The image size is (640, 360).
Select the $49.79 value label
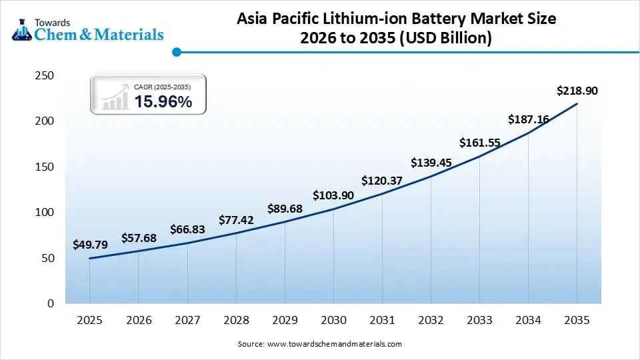(89, 245)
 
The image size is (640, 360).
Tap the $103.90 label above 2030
(333, 195)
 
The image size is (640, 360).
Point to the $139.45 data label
(431, 162)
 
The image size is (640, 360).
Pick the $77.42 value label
(236, 220)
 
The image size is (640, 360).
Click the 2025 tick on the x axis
(89, 321)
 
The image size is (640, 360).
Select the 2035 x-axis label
(577, 321)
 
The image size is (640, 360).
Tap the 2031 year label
(382, 321)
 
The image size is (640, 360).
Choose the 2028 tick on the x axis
(236, 321)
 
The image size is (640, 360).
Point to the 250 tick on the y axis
(44, 76)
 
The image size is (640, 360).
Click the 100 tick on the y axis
(44, 213)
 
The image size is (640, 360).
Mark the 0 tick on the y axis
(50, 304)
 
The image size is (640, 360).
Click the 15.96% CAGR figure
(163, 102)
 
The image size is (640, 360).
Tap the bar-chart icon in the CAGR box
(115, 97)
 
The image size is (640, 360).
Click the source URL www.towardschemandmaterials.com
(334, 344)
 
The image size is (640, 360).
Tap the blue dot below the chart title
(177, 52)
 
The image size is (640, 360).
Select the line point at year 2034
(529, 133)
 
